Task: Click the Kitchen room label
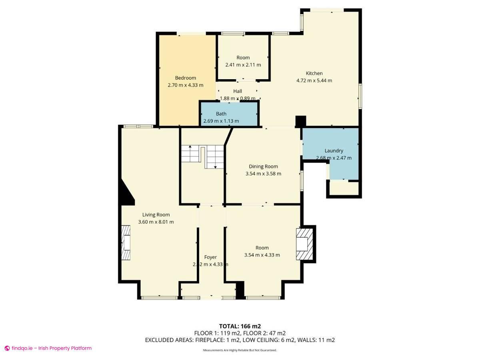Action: [314, 73]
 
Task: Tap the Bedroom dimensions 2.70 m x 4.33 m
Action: [185, 85]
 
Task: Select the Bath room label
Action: [221, 114]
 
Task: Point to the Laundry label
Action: [334, 151]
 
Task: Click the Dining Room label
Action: [263, 166]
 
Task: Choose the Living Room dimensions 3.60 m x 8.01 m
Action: [156, 222]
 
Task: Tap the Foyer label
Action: [210, 257]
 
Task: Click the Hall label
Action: [238, 91]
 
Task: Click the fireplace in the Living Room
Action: [126, 243]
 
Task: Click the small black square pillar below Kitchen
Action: [300, 121]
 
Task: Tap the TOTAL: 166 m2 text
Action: [240, 326]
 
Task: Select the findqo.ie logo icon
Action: [7, 348]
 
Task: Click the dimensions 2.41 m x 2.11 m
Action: [243, 65]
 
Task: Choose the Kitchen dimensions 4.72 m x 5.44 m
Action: [314, 80]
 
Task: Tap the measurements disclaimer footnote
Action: [240, 350]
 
